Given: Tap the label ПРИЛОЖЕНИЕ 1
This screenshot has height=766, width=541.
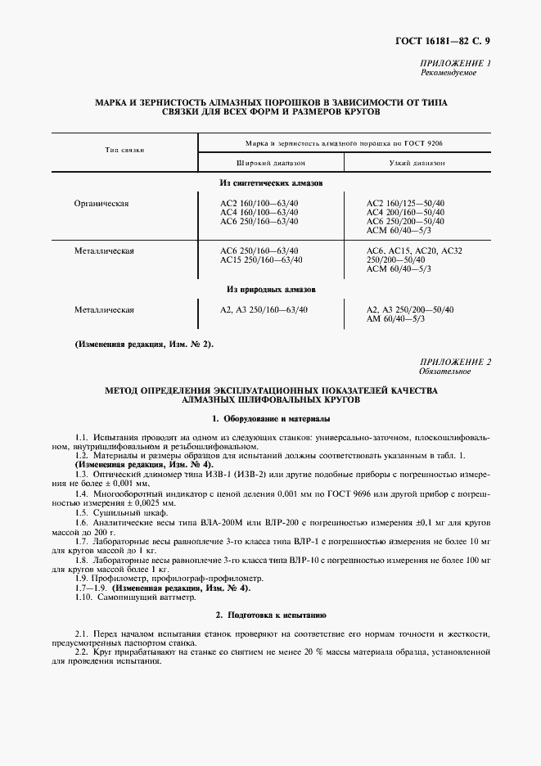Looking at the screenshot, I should (x=455, y=64).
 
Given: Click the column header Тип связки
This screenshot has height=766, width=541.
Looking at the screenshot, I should (x=124, y=151).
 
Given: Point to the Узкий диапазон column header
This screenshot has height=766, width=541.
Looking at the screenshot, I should (x=417, y=163).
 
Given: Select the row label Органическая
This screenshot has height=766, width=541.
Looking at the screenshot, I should (x=102, y=203).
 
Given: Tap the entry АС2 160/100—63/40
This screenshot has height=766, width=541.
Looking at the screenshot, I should (x=259, y=203).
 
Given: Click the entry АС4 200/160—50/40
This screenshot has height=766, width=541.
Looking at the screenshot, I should (x=405, y=212).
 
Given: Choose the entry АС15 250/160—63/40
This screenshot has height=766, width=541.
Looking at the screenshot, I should (x=261, y=260).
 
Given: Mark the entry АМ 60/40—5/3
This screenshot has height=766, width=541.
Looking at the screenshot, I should (x=395, y=318).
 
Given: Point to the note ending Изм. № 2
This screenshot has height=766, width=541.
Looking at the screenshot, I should (x=144, y=345).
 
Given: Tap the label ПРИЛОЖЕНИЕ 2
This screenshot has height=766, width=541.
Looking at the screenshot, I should (x=455, y=362).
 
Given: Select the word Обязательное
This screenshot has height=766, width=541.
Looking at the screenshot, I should (x=446, y=372).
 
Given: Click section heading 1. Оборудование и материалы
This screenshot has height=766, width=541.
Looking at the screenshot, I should (x=271, y=419).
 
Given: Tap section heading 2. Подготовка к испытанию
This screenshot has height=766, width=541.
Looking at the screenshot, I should (x=271, y=614).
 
